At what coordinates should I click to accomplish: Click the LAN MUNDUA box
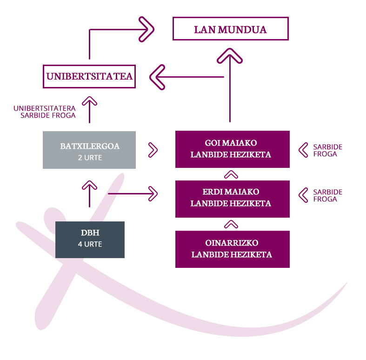tap(231, 29)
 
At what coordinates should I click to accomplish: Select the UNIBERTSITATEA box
tap(89, 76)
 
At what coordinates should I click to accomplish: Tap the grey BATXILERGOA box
tap(89, 150)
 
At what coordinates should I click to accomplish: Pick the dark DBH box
tap(90, 240)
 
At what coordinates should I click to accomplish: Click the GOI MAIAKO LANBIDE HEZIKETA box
tap(233, 149)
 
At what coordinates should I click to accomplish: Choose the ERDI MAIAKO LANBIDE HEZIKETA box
tap(233, 199)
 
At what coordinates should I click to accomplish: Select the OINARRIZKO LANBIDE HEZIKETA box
tap(233, 249)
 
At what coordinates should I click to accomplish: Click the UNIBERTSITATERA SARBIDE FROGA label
tap(45, 112)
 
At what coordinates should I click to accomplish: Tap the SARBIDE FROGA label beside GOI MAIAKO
tap(327, 150)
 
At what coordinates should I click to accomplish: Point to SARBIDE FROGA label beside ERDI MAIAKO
tap(327, 195)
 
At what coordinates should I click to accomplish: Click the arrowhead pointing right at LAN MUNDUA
tap(146, 29)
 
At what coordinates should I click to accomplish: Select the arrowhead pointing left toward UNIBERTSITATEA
tap(157, 77)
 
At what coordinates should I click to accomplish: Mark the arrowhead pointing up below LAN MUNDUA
tap(230, 55)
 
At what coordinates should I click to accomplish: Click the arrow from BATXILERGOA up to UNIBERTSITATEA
tap(89, 109)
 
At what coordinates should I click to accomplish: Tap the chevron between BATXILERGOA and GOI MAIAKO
tap(153, 150)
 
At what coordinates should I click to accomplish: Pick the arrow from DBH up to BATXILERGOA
tap(89, 194)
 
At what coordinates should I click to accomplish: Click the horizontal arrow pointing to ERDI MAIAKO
tap(133, 193)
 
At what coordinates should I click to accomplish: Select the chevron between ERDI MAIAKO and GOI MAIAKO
tap(231, 174)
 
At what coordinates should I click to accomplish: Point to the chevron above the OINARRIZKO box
tap(231, 224)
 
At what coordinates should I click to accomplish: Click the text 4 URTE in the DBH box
tap(90, 244)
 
